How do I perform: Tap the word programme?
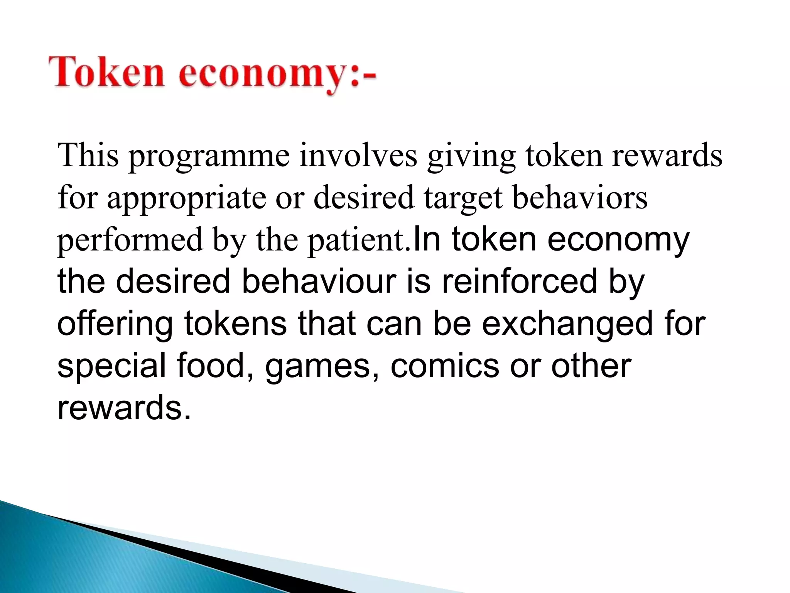[209, 156]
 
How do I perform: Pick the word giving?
[471, 156]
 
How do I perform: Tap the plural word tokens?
[235, 324]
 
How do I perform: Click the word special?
[111, 366]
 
